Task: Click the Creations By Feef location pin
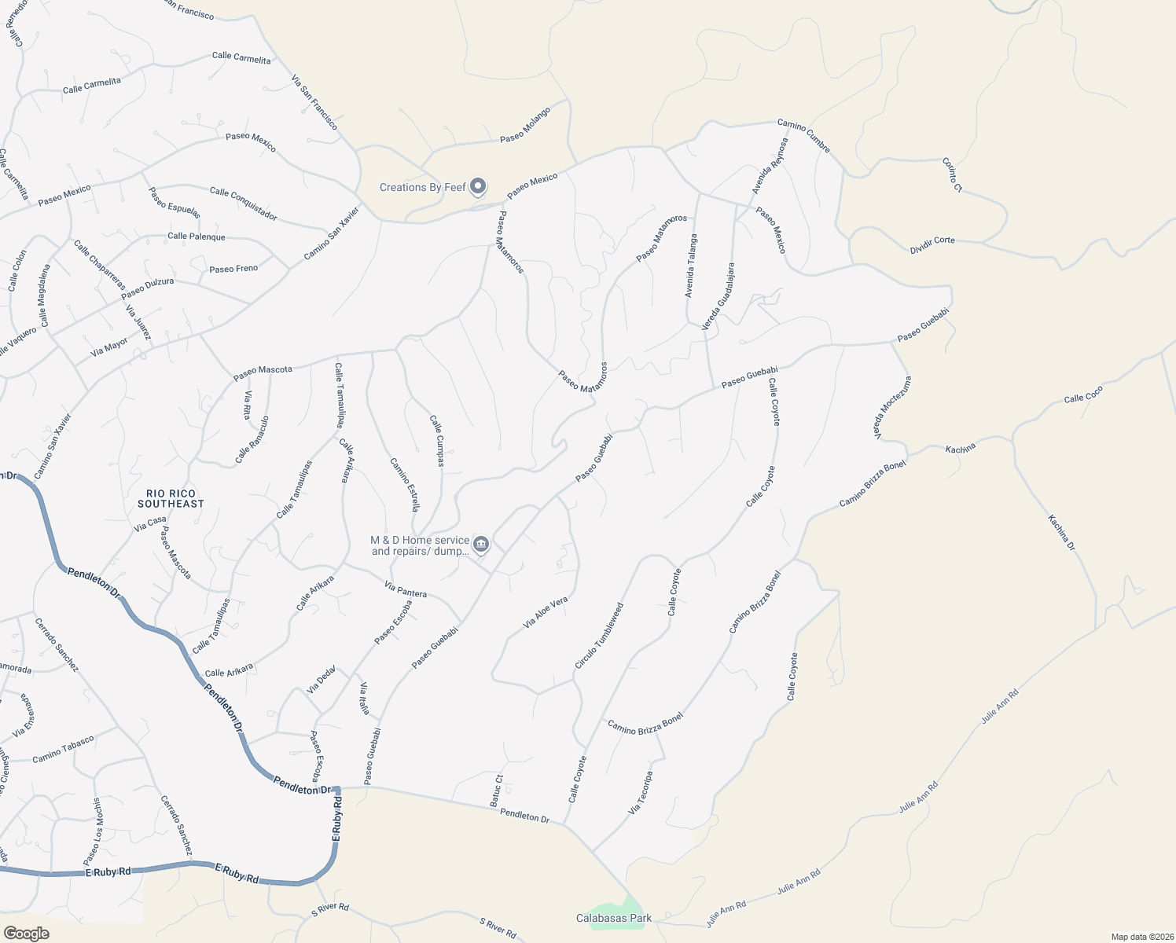pos(477,187)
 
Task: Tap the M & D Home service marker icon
pos(481,545)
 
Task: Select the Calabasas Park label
pos(614,918)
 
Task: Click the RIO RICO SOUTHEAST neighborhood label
pos(171,498)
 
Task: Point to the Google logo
pos(26,934)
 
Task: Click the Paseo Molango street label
pos(525,126)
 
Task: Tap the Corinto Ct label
pos(952,174)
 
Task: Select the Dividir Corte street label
pos(932,245)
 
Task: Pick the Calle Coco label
pos(1083,394)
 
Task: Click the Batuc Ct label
pos(497,791)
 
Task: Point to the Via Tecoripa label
pos(640,787)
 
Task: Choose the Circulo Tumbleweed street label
pos(599,636)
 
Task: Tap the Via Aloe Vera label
pos(546,613)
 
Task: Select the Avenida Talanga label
pos(690,266)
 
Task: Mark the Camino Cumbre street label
pos(803,136)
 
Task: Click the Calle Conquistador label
pos(244,204)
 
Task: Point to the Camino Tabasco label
pos(63,749)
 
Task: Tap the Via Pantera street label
pos(406,589)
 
